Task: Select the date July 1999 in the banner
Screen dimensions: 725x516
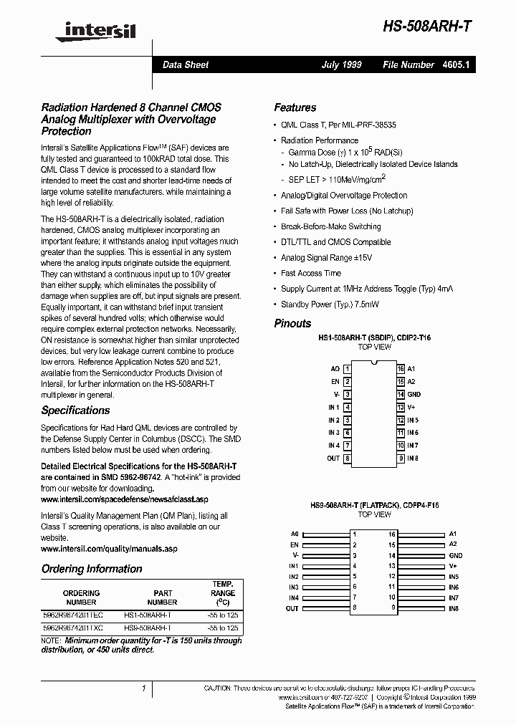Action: click(341, 64)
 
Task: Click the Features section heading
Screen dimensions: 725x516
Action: click(295, 107)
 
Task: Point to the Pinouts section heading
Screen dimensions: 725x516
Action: click(292, 323)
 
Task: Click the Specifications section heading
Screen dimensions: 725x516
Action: click(75, 410)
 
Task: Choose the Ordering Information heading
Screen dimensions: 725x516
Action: click(92, 569)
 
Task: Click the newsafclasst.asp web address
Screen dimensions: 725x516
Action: click(124, 499)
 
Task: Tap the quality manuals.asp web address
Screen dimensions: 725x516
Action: click(108, 549)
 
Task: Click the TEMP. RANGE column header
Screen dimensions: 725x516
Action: click(223, 593)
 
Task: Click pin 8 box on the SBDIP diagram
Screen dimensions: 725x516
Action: click(348, 458)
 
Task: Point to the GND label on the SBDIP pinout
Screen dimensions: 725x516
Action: click(414, 395)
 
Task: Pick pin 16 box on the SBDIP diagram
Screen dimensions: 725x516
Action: click(401, 370)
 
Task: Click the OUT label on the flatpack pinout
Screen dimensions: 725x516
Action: click(292, 608)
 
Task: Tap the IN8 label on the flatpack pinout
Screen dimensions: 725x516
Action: click(454, 608)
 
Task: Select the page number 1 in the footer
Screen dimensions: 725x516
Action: click(143, 688)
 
